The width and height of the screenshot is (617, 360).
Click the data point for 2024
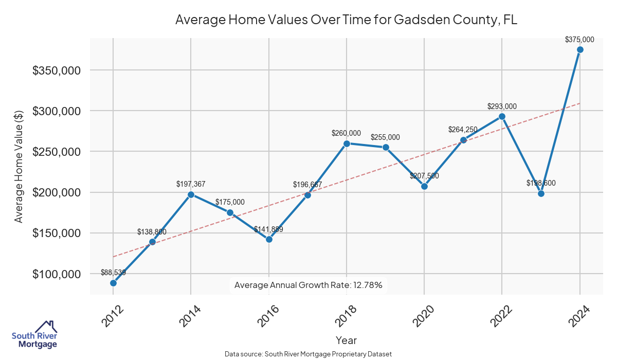[580, 49]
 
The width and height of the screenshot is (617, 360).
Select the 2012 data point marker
[113, 283]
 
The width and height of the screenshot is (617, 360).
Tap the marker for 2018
[347, 143]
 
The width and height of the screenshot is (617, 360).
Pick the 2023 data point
[541, 193]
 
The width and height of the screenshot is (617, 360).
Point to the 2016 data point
[269, 239]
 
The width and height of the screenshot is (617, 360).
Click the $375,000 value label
[579, 39]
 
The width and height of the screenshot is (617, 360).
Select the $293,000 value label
[502, 106]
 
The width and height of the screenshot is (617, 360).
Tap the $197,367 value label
[191, 184]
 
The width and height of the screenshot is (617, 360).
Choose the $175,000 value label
[230, 202]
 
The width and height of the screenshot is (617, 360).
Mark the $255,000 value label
[386, 137]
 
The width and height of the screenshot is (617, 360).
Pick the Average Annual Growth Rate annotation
[308, 285]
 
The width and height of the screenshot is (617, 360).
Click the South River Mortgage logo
[35, 335]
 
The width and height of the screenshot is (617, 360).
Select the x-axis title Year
[346, 340]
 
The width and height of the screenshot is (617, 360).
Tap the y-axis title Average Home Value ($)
[19, 166]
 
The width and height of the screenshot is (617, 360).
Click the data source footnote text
[308, 354]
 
